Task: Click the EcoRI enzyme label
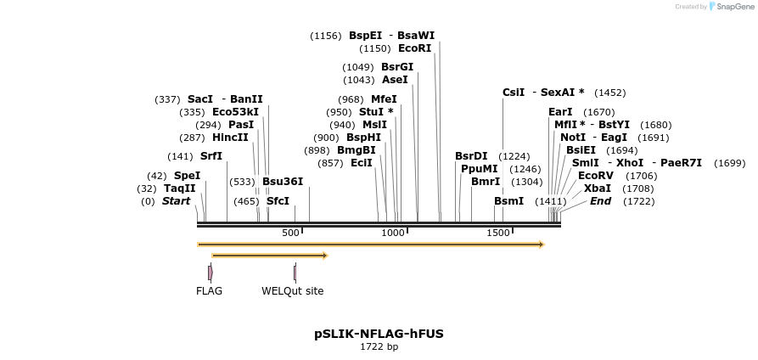coord(414,48)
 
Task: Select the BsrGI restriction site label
coord(397,67)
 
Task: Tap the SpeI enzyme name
coord(187,176)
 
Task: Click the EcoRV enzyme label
coord(595,176)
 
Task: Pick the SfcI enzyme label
coord(278,201)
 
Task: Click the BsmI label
coord(508,201)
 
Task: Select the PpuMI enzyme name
coord(479,169)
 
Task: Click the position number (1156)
coord(326,36)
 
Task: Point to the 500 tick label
coord(291,233)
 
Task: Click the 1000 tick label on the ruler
coord(393,233)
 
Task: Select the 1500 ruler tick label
coord(497,233)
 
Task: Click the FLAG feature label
coord(209,291)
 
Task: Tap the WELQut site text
coord(292,291)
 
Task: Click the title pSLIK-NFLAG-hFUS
coord(379,334)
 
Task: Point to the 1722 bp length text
coord(379,346)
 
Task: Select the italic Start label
coord(177,201)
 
